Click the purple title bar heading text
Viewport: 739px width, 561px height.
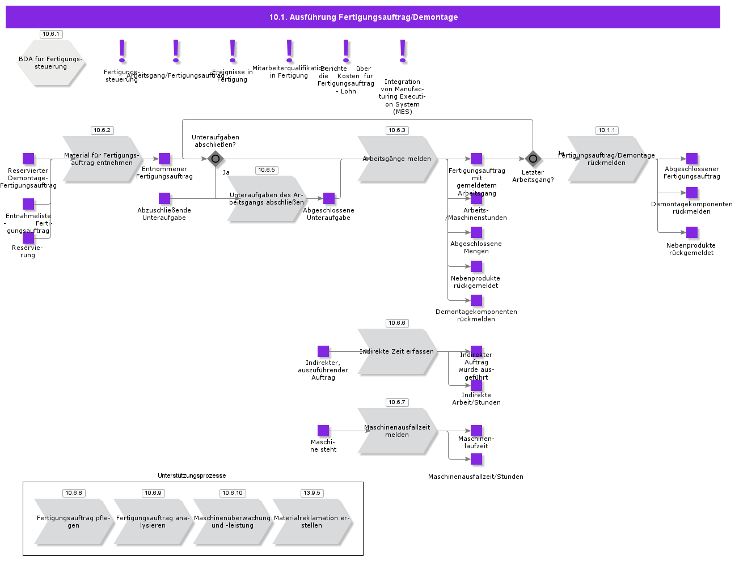[x=363, y=17]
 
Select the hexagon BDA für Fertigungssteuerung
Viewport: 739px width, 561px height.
[x=51, y=63]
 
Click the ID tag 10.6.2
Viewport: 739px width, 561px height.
[x=102, y=130]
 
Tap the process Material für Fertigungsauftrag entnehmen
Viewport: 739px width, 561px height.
[x=102, y=159]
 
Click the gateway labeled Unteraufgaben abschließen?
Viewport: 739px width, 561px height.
[x=215, y=159]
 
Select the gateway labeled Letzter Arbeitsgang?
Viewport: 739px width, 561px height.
[x=533, y=159]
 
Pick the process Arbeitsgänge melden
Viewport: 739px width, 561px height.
[x=397, y=159]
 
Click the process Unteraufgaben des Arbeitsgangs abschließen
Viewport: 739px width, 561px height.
[x=267, y=199]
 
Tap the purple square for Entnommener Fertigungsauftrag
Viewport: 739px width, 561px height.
[x=164, y=159]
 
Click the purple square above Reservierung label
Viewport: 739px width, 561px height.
[x=28, y=238]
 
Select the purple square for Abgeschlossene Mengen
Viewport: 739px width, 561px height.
[x=476, y=232]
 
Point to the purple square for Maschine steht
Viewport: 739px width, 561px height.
[x=323, y=431]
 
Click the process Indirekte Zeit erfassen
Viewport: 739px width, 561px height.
[x=397, y=352]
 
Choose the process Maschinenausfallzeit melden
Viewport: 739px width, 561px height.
[x=397, y=431]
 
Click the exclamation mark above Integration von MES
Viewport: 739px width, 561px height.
[x=403, y=51]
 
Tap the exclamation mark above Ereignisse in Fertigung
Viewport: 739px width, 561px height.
[x=233, y=51]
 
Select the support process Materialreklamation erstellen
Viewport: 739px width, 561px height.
[x=312, y=522]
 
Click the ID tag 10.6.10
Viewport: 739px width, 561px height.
[x=233, y=493]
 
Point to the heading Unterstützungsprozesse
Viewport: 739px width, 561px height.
[x=192, y=475]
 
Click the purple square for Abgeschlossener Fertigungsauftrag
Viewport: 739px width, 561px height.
[x=692, y=159]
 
